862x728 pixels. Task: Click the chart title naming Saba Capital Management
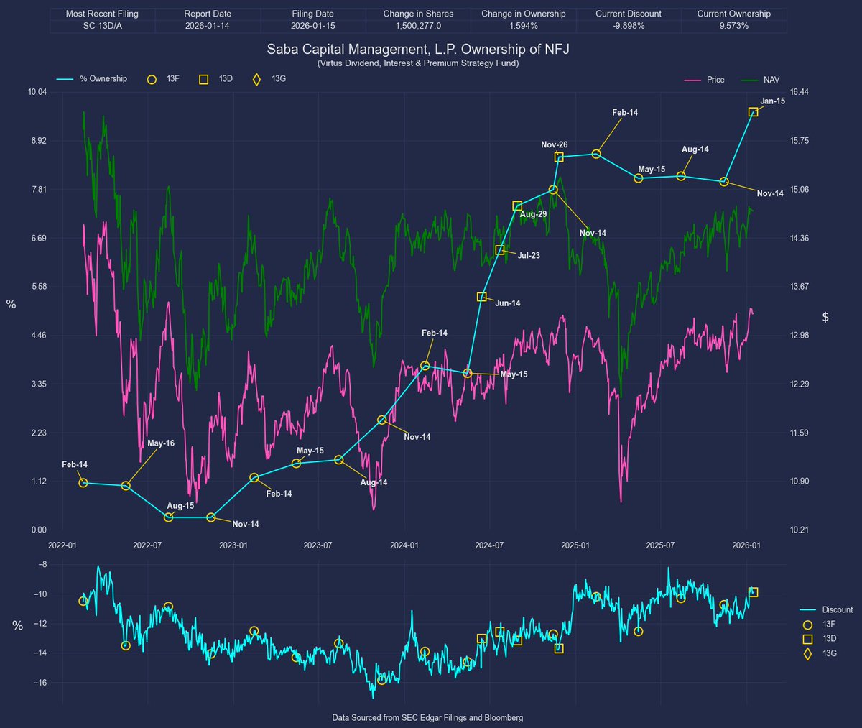(417, 50)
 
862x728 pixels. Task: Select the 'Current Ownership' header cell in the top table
(733, 14)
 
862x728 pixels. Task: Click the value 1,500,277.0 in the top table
(418, 26)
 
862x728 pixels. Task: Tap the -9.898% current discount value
(628, 26)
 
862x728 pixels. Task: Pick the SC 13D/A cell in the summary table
(102, 26)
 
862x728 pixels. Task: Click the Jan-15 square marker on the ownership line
(753, 112)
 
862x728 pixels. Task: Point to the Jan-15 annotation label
(772, 101)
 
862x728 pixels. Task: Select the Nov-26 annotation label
(554, 145)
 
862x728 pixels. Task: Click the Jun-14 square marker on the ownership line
(482, 297)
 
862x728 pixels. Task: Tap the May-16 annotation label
(160, 443)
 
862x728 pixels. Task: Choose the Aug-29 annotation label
(533, 214)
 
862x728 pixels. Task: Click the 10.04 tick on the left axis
(37, 92)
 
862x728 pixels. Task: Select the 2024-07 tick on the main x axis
(489, 545)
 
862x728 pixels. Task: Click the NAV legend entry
(771, 80)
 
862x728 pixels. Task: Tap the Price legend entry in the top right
(715, 80)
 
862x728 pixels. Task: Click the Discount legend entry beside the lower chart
(837, 609)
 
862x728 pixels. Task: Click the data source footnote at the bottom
(427, 718)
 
